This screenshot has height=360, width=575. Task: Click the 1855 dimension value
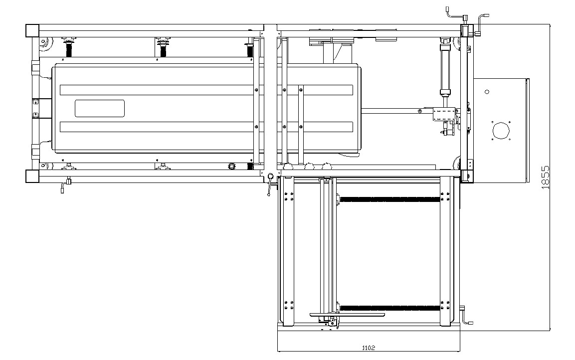pyautogui.click(x=545, y=177)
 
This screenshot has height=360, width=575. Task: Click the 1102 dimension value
pyautogui.click(x=369, y=348)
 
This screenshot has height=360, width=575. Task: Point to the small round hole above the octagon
pyautogui.click(x=487, y=91)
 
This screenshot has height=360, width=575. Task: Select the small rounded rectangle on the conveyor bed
pyautogui.click(x=100, y=108)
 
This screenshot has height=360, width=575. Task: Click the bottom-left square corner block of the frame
pyautogui.click(x=32, y=176)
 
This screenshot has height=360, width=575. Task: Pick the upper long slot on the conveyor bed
pyautogui.click(x=206, y=90)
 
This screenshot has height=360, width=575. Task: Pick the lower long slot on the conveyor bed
pyautogui.click(x=206, y=127)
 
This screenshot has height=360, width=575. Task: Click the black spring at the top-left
pyautogui.click(x=69, y=48)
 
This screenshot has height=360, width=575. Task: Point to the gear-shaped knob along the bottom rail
pyautogui.click(x=231, y=166)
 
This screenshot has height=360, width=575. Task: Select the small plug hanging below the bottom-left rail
pyautogui.click(x=63, y=188)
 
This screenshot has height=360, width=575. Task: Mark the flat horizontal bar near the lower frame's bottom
pyautogui.click(x=347, y=315)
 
